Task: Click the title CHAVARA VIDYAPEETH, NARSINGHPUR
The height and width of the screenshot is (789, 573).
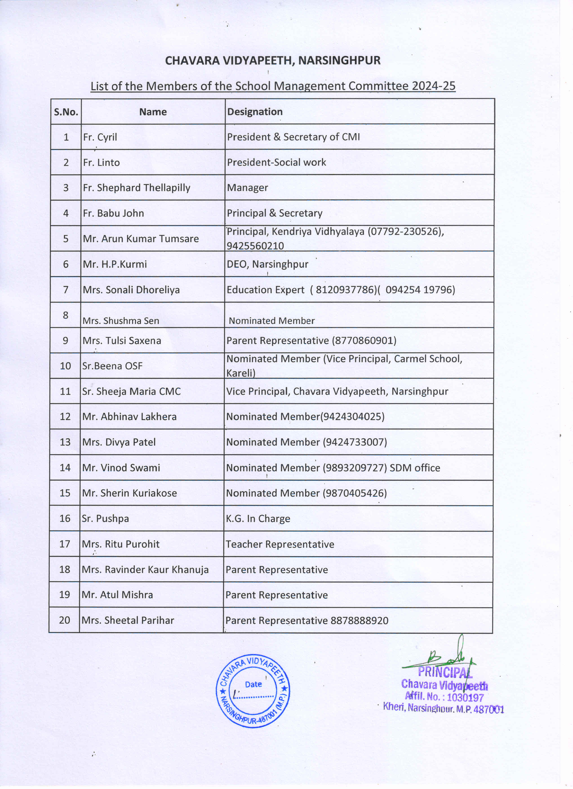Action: coord(273,61)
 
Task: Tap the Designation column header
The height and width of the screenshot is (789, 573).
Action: coord(255,112)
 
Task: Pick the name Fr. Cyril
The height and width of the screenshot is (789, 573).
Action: coord(100,137)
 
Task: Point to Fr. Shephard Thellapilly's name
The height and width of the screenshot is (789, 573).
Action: coord(137,188)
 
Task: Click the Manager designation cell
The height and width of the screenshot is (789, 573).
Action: coord(247,188)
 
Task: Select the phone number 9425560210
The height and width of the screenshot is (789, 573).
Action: coord(255,246)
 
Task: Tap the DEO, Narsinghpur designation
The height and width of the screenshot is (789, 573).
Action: coord(268,264)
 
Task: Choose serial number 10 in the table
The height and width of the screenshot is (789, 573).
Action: coord(65,366)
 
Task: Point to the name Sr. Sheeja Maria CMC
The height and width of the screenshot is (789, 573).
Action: coord(131,391)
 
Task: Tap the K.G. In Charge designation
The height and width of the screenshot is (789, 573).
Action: coord(258,519)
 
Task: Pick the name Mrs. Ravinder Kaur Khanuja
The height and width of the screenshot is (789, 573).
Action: coord(145,570)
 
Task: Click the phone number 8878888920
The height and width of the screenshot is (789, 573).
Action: coord(359,621)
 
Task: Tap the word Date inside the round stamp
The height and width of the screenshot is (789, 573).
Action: coord(253,684)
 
